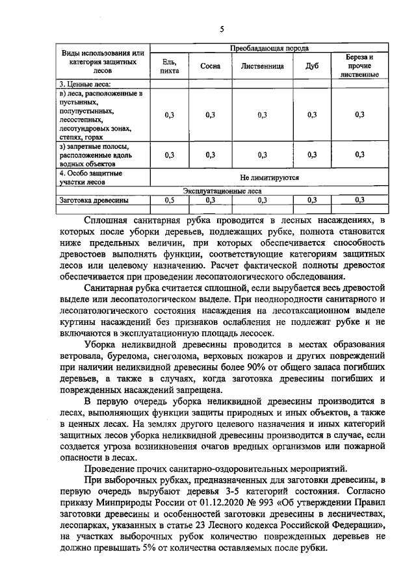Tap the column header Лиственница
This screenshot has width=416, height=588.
[x=262, y=66]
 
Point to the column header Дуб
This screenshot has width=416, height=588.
[x=311, y=66]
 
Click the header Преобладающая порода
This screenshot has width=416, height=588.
[x=269, y=48]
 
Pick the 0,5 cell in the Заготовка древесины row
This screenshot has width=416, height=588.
[x=170, y=200]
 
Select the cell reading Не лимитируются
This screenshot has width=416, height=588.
[x=269, y=177]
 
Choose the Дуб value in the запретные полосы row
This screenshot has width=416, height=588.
[x=311, y=155]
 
